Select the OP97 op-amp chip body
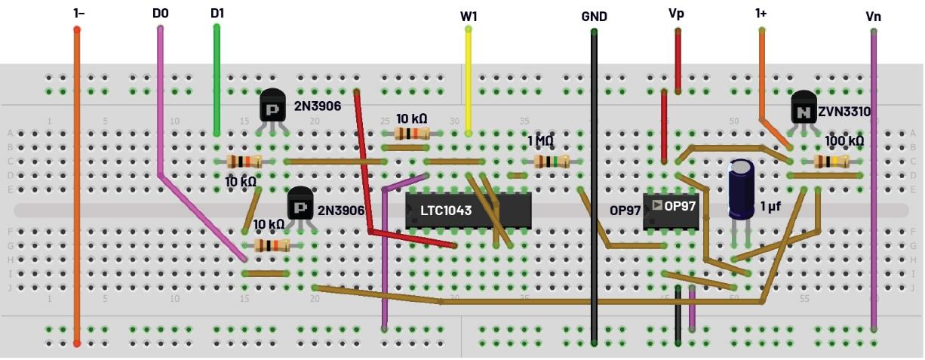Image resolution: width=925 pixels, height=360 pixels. coord(671,211)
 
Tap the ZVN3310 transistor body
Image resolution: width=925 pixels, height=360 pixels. coord(804,109)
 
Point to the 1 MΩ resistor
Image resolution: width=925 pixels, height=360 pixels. coord(552,161)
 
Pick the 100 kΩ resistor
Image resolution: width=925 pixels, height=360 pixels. coord(831,161)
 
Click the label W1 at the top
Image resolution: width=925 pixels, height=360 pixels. coord(469,16)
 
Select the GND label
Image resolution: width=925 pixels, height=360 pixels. coord(594,16)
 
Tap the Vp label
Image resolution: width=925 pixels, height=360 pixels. coord(678,14)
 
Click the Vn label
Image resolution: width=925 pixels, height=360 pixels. coord(873,16)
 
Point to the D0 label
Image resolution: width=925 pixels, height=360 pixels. coord(160,13)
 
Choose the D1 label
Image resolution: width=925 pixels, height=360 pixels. coord(217,13)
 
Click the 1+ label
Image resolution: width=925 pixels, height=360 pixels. coord(761,14)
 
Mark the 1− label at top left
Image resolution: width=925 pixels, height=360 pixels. coord(78,13)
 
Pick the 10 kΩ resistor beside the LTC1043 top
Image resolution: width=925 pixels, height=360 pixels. coord(411,134)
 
